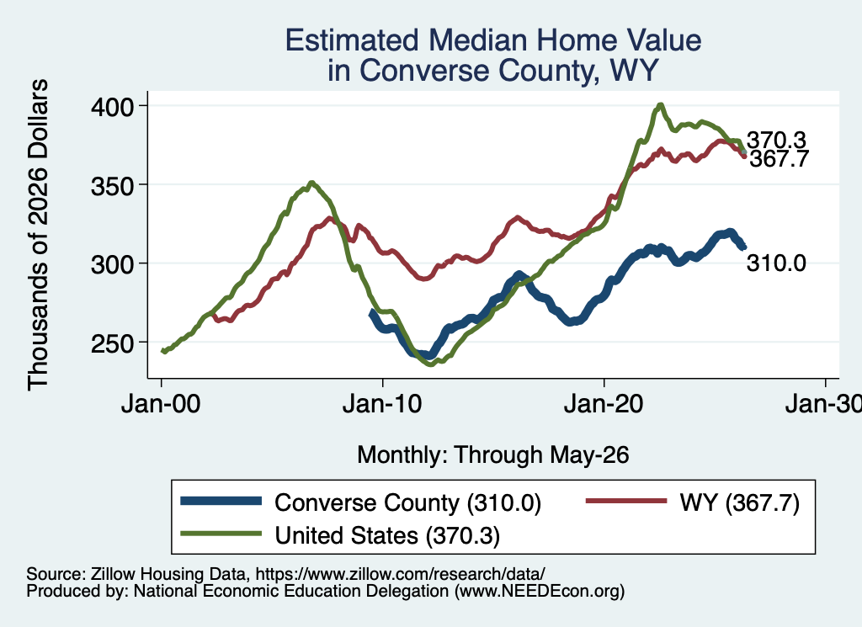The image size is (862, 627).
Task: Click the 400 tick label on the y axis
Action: (112, 107)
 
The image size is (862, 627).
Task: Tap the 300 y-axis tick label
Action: (112, 264)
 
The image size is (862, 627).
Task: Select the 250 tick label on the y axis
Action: (112, 343)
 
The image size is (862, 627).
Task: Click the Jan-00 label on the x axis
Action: (161, 404)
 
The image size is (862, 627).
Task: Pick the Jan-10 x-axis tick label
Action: (382, 404)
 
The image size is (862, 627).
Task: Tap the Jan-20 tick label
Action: (604, 404)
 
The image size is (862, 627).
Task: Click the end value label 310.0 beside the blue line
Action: (776, 263)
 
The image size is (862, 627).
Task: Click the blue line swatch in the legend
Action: (221, 501)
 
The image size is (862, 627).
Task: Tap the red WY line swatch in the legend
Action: (626, 501)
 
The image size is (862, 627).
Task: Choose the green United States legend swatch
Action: (221, 534)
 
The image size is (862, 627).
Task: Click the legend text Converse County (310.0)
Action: (408, 502)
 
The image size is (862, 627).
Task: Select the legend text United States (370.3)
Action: (387, 536)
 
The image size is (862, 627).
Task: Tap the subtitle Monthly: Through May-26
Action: (493, 455)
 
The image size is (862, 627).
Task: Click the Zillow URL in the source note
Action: (400, 574)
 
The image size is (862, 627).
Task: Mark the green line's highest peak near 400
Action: (660, 105)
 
